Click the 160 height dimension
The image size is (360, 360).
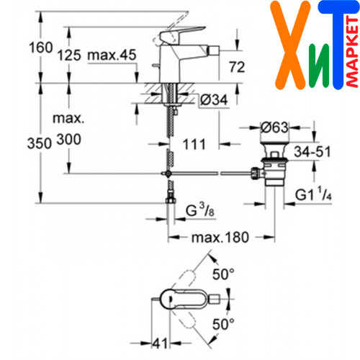pos(41,48)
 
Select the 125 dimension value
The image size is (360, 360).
pos(69,55)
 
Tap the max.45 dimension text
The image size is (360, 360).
pos(112,55)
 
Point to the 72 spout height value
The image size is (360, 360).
pos(237,67)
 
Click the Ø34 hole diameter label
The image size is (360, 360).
pos(214,99)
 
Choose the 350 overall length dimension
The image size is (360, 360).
pos(40,143)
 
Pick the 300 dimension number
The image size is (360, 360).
pos(69,140)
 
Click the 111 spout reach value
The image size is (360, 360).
pos(194,144)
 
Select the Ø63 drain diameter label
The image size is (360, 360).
pos(274,127)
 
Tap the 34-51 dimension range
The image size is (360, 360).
pos(312,152)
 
